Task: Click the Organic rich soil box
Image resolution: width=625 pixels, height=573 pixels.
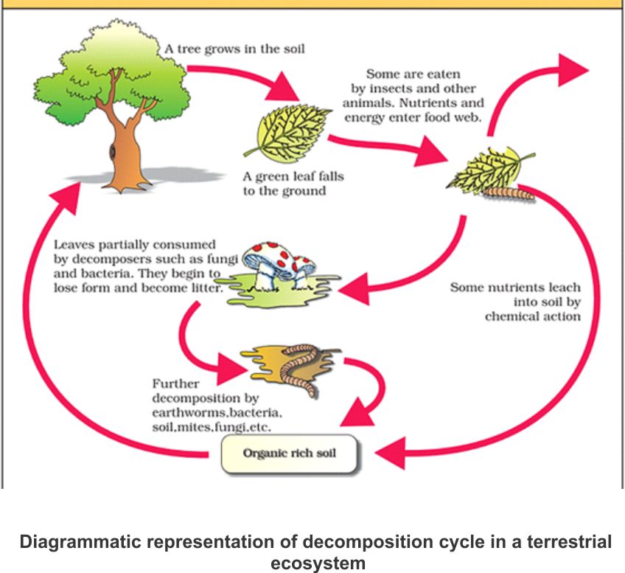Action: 290,452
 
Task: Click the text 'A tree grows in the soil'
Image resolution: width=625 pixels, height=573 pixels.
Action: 234,49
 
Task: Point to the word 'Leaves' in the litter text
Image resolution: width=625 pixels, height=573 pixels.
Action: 73,244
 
